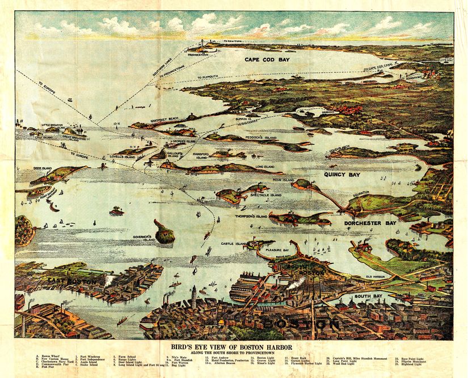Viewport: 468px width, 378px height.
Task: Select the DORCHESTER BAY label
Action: [370, 223]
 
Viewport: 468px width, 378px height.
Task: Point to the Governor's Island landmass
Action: [164, 232]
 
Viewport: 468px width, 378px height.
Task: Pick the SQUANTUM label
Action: [361, 193]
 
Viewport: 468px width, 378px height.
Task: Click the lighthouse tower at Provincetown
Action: [203, 44]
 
